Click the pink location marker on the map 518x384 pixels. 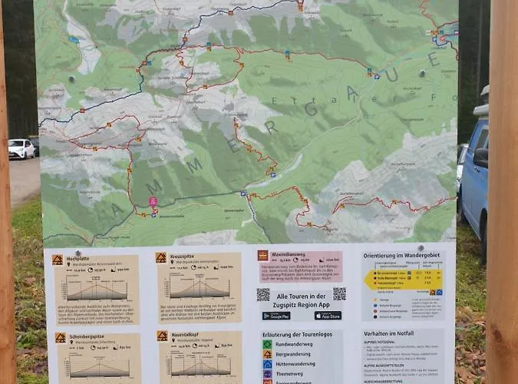point(153,202)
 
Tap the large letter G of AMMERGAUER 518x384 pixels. point(311,110)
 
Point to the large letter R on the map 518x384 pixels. point(272,127)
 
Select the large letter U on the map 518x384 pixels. point(391,74)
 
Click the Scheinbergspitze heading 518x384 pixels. point(87,337)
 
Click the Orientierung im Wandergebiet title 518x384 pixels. point(402,256)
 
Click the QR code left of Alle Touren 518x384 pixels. point(263,295)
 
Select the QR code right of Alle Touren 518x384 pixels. point(339,293)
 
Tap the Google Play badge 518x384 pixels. point(276,316)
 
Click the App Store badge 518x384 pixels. point(328,316)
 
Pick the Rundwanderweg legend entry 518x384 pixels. point(288,344)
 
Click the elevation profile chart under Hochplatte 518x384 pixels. point(96,289)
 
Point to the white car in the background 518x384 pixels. point(21,148)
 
